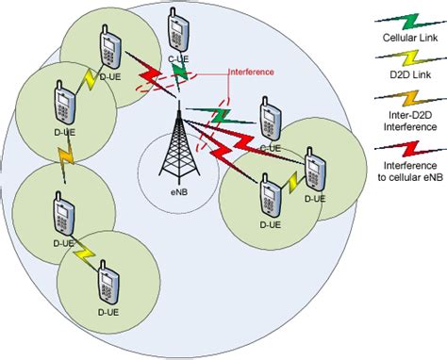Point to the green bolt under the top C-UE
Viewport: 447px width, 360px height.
(178, 72)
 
